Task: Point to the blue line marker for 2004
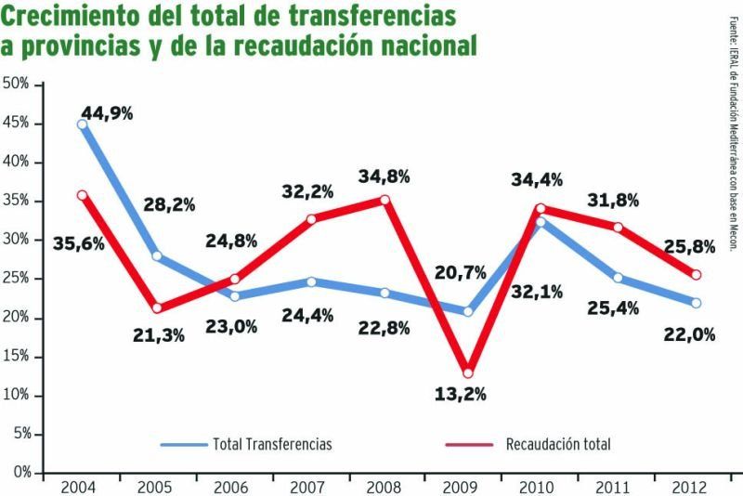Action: [82, 124]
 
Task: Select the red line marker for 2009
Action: [467, 372]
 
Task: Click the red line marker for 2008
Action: [385, 200]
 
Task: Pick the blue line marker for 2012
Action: [696, 303]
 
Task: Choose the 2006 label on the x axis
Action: [231, 487]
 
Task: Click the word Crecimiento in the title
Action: [77, 17]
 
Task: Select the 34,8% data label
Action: [384, 175]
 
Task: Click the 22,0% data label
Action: [689, 334]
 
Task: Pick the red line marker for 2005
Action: [159, 307]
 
